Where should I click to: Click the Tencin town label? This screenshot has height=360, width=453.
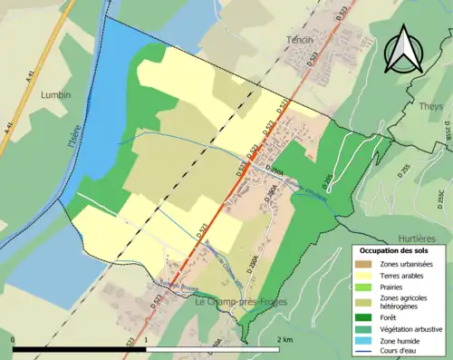tap(299, 41)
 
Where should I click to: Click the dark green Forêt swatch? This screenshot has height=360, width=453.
tap(363, 317)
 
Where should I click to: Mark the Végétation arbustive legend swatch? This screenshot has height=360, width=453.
tap(363, 329)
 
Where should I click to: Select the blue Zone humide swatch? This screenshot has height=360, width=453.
tap(363, 341)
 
